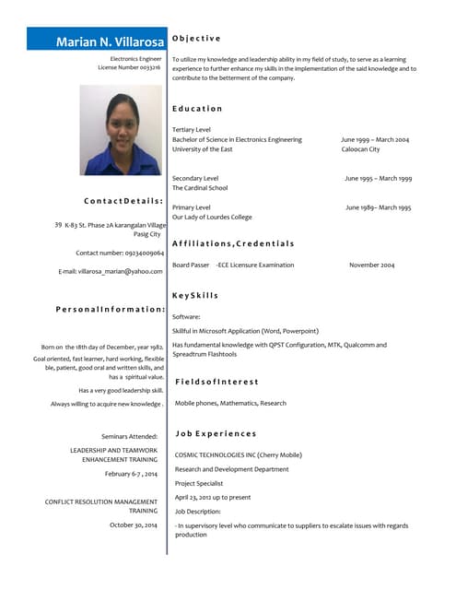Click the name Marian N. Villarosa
[110, 41]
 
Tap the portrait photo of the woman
[121, 130]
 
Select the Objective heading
[196, 38]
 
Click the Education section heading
[197, 109]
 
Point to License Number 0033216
[129, 67]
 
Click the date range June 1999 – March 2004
[375, 139]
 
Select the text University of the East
[203, 149]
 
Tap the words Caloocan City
[360, 149]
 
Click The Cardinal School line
[200, 188]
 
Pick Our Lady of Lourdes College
[212, 218]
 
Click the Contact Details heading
[123, 200]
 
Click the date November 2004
[371, 265]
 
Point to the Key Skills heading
[195, 295]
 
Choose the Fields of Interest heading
[216, 381]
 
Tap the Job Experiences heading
[216, 433]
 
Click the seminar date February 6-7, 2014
[131, 473]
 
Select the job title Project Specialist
[199, 483]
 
